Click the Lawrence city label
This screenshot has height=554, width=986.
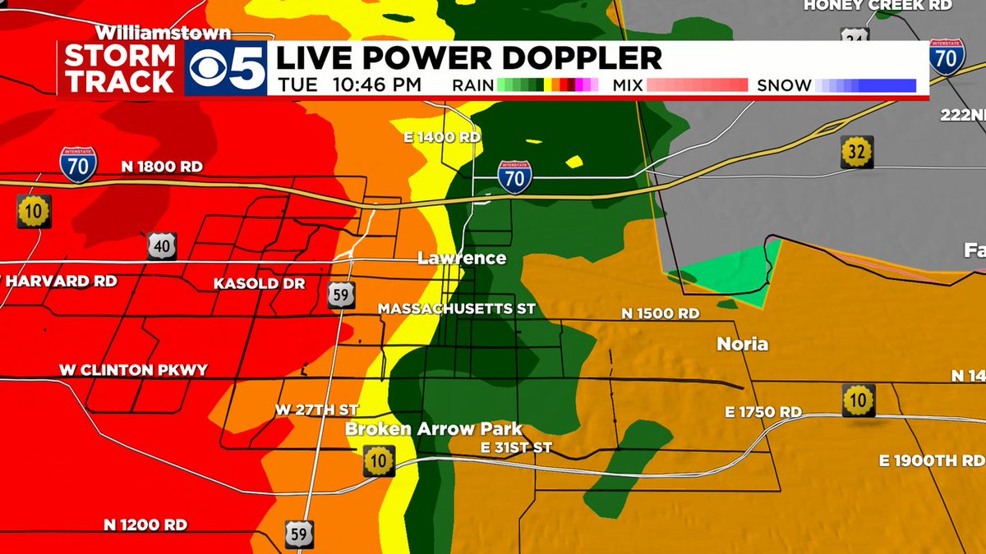(x=462, y=259)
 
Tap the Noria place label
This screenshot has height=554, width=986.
(x=742, y=344)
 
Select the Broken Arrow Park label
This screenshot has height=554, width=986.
(x=433, y=429)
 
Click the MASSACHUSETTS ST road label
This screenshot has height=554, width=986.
(x=456, y=309)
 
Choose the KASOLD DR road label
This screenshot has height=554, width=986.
(x=259, y=283)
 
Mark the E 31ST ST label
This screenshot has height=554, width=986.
(x=516, y=447)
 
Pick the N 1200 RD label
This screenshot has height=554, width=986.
(x=145, y=524)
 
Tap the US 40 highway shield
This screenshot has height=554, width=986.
(x=162, y=245)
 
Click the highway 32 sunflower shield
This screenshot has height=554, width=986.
(x=857, y=152)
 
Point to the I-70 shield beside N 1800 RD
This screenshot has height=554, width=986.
(x=78, y=164)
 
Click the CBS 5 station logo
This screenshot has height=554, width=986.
(x=228, y=69)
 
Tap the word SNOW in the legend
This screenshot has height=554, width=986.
(x=784, y=85)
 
